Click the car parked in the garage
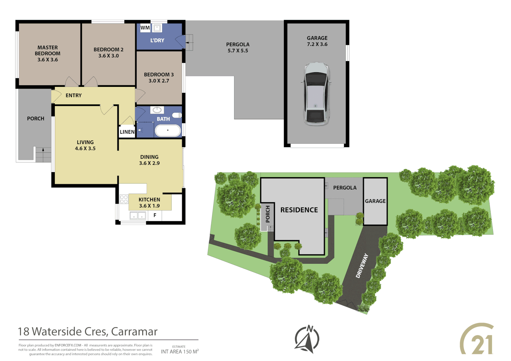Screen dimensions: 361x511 click(316, 94)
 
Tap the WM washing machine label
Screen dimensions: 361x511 click(145, 28)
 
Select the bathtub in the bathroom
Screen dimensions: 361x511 click(168, 130)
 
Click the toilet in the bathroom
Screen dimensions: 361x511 click(177, 115)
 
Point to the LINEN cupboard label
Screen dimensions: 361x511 click(127, 132)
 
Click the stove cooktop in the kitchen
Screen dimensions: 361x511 click(124, 199)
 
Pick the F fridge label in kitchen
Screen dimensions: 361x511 click(155, 215)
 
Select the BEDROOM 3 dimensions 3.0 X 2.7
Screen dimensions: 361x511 click(159, 81)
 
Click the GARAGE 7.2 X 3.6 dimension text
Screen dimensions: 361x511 click(317, 44)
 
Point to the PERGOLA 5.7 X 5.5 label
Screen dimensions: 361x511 click(238, 47)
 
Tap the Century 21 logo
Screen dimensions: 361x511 click(477, 339)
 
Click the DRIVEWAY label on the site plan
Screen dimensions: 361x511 click(362, 266)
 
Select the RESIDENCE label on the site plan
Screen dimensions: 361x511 click(299, 210)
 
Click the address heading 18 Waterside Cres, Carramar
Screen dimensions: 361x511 click(88, 331)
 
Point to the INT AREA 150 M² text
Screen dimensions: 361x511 click(180, 351)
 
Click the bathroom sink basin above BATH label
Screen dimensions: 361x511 click(157, 110)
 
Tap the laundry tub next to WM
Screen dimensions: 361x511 click(157, 28)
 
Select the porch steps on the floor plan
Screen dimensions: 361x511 click(43, 154)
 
